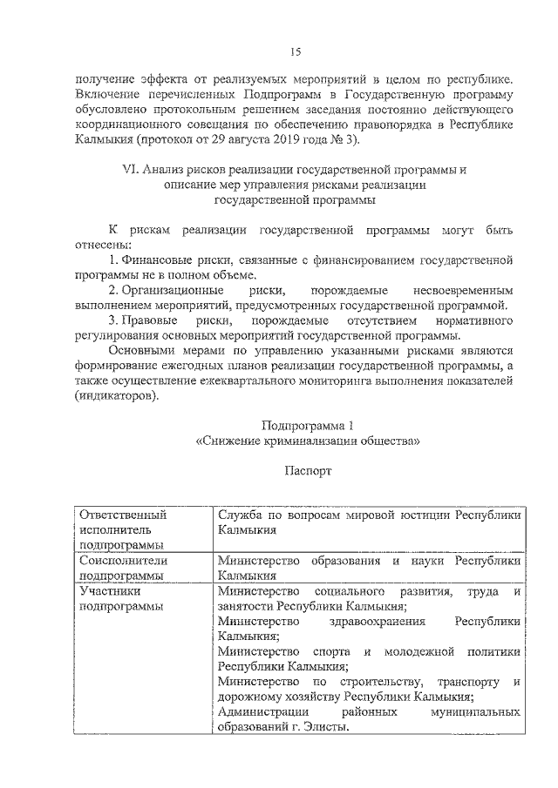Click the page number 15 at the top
click(x=296, y=52)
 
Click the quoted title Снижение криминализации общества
click(x=308, y=441)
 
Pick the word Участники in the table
click(x=105, y=590)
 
